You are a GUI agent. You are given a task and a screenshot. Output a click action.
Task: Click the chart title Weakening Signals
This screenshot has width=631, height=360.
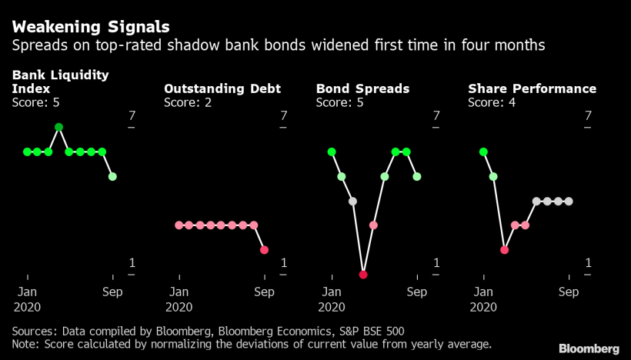coord(90,27)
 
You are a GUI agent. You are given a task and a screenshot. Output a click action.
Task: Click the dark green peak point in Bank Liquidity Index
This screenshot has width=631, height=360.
coord(58,127)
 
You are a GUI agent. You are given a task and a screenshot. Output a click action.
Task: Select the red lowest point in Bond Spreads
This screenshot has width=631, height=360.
coord(363,274)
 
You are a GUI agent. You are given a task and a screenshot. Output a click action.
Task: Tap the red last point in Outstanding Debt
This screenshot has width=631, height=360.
coord(265,250)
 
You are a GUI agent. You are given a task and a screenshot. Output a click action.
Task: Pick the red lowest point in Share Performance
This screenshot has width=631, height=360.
coord(504,250)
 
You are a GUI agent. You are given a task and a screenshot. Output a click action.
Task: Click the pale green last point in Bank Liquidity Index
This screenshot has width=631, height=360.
coord(112,176)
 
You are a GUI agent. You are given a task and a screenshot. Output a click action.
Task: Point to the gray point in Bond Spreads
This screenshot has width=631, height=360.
coord(352,202)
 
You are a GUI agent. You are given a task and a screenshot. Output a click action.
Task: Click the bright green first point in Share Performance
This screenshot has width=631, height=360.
coord(483,152)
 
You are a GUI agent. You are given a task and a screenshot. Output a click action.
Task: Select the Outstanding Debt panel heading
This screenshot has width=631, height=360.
coord(222,88)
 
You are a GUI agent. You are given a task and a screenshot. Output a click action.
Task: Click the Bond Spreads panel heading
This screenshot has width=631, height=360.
coord(362,88)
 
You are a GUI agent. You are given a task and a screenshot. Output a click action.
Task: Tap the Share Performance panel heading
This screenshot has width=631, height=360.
coord(532,88)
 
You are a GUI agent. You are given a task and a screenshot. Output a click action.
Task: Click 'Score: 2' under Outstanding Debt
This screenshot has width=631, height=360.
coord(188,102)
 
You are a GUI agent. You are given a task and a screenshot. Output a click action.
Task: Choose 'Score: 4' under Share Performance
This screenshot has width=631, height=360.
coord(492,102)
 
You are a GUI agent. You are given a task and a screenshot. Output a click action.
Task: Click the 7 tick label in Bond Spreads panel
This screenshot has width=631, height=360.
coord(436,115)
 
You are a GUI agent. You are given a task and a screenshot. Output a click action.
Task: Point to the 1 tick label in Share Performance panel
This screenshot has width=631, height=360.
coord(589,262)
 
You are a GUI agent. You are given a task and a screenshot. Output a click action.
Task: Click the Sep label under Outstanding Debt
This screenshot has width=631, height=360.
coord(264,292)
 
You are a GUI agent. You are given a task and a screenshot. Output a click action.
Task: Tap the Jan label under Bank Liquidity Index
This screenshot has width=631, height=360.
coord(27,292)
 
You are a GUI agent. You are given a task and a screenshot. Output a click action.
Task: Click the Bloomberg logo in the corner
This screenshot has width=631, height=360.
coord(589,348)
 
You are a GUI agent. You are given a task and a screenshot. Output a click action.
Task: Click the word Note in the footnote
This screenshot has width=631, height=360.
coord(25,344)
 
